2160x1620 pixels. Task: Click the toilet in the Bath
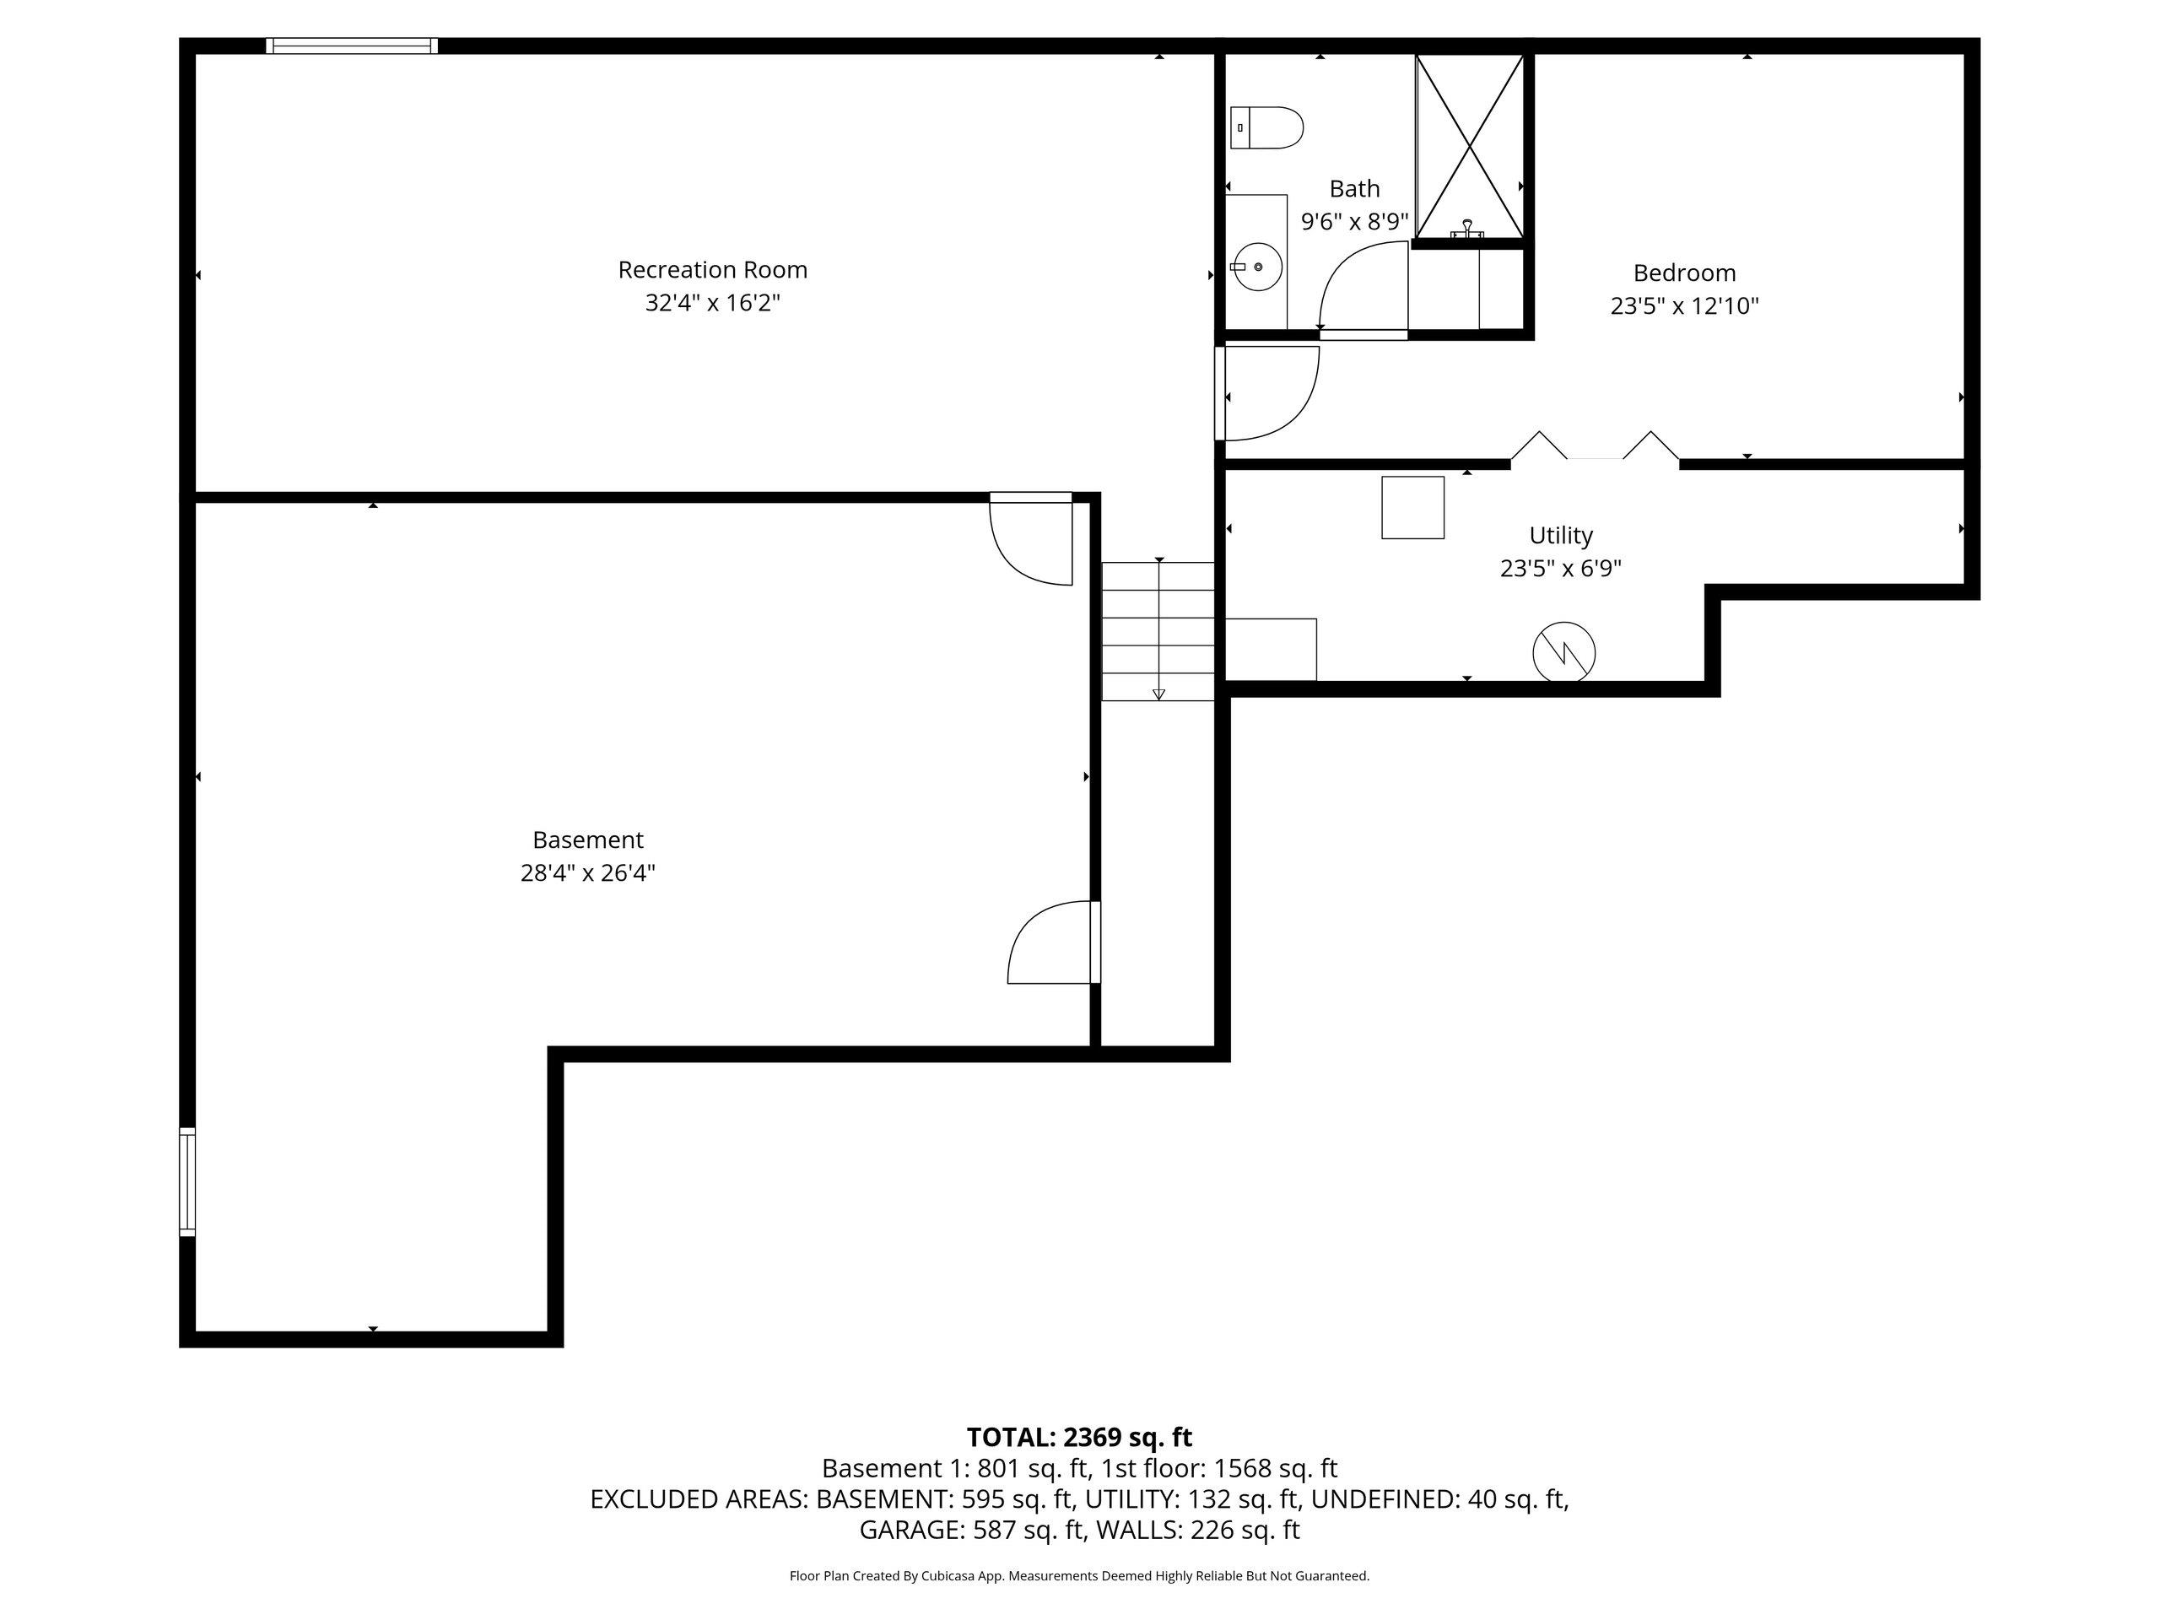1266,128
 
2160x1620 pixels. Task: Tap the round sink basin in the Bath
1256,267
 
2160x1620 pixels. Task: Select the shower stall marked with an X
1470,147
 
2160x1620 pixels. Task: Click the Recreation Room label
713,269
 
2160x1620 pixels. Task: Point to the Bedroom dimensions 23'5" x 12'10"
1684,305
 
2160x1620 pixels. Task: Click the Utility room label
1560,535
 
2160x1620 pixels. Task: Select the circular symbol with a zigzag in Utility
1564,652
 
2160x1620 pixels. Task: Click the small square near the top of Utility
1413,508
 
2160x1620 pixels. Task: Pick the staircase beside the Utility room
1159,631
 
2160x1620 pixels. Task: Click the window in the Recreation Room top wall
352,46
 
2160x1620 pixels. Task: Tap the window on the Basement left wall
187,1181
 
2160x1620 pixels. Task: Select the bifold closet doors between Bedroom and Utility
1596,447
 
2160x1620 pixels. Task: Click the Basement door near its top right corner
1031,539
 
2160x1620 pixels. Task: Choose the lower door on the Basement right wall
1054,942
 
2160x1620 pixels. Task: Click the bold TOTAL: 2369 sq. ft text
1079,1438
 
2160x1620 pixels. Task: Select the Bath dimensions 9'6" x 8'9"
1354,222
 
